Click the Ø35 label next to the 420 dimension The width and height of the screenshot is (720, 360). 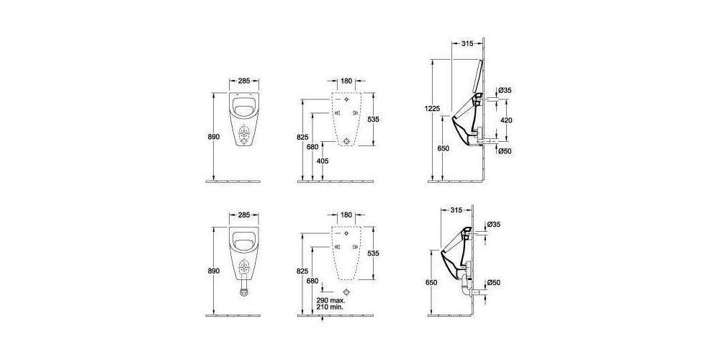(x=504, y=91)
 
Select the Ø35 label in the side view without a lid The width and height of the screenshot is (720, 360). (x=493, y=225)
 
